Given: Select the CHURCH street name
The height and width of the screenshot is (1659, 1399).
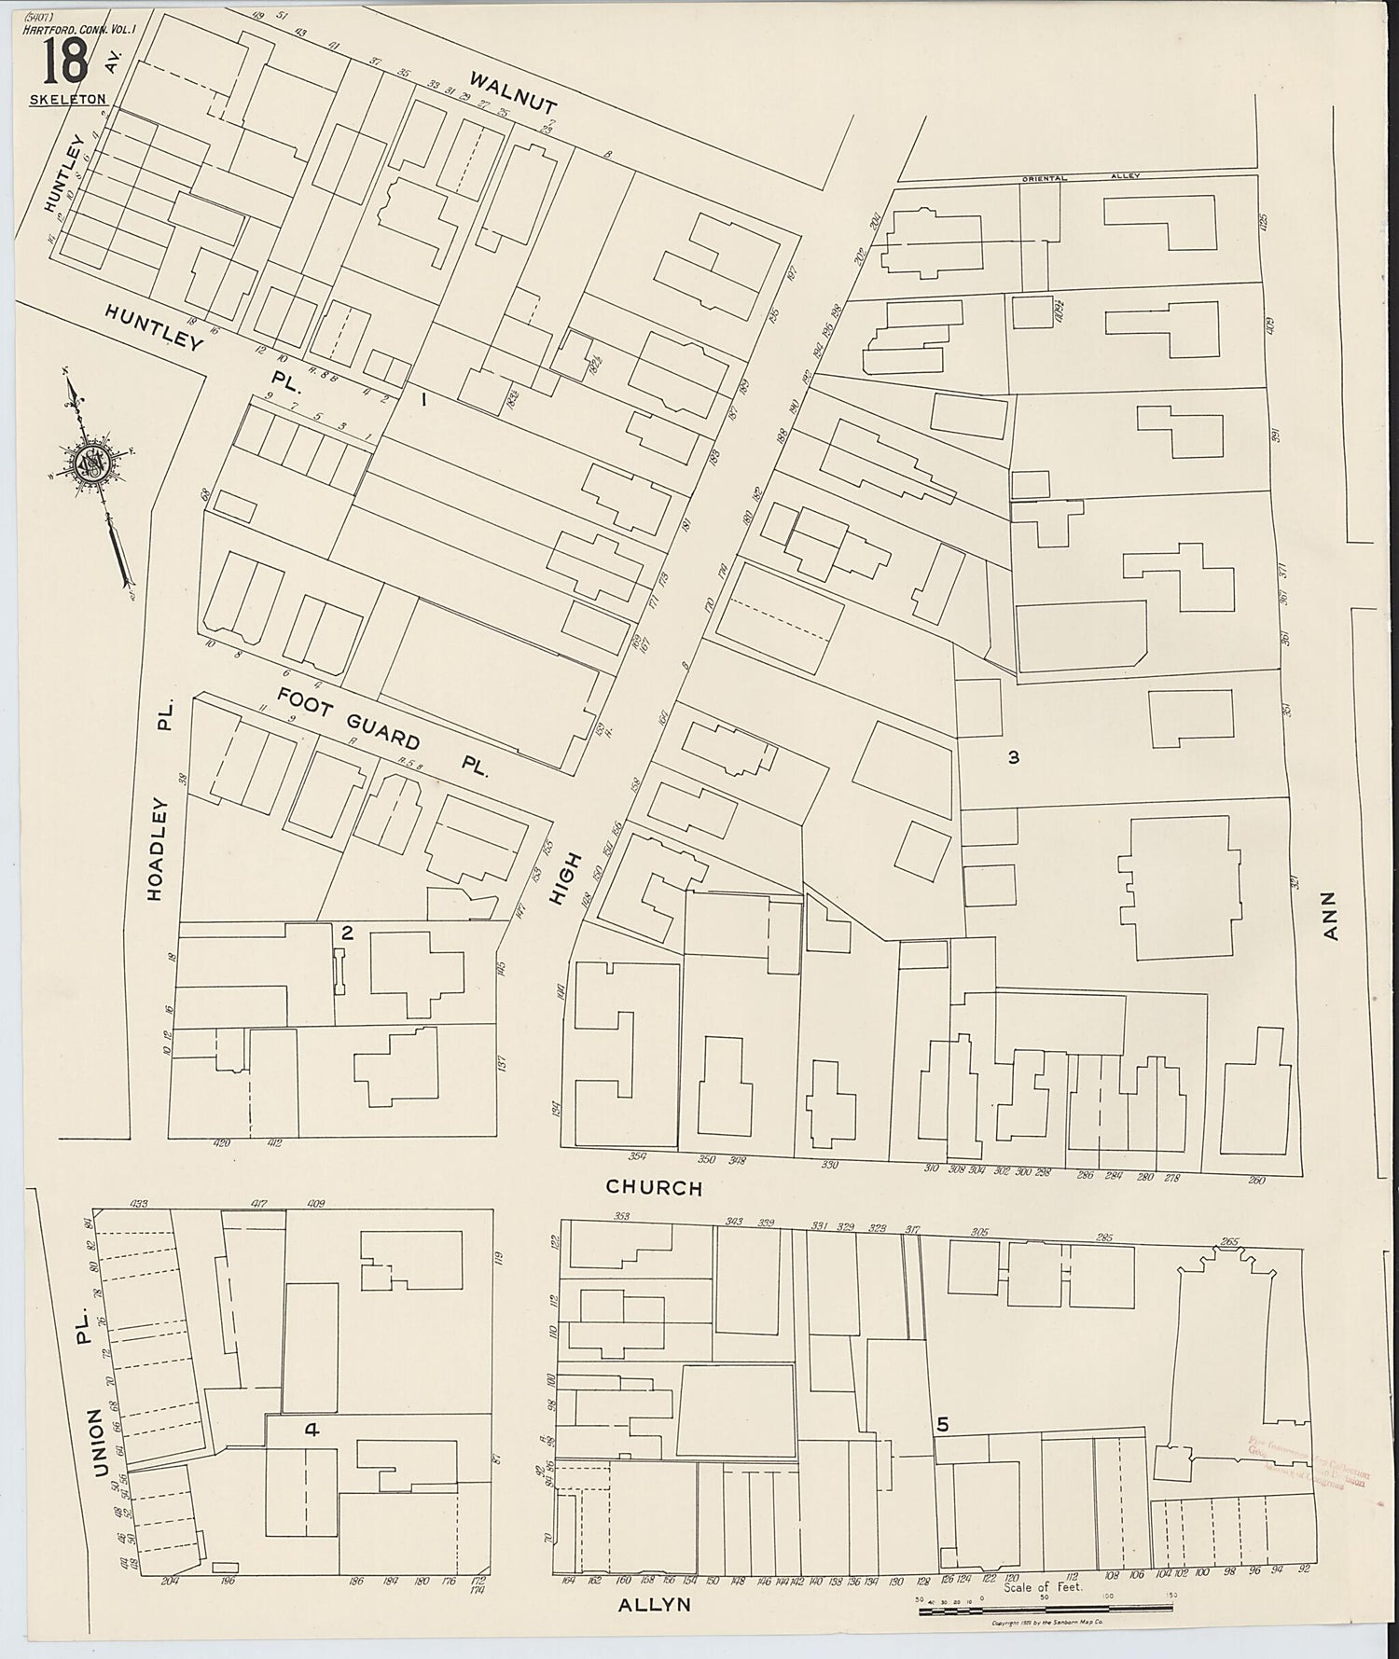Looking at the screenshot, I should coord(653,1187).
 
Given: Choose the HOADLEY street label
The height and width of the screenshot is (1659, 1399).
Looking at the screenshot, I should coord(155,849).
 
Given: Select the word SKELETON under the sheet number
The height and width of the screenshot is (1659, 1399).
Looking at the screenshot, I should coord(67,99).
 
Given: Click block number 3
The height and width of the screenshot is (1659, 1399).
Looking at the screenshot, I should coord(1013,757).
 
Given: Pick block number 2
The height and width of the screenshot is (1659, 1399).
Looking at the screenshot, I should coord(346,933).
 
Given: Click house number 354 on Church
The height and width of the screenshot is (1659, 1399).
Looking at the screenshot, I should coord(638,1157).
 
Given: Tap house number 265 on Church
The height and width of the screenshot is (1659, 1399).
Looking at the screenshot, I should coord(1228,1241).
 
